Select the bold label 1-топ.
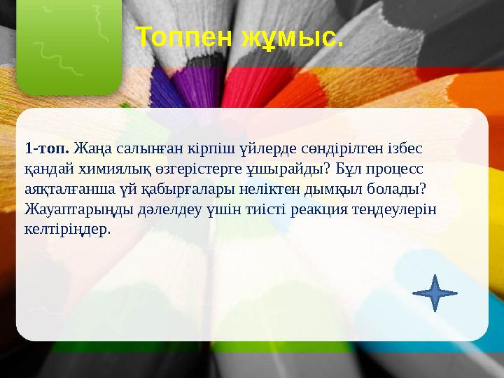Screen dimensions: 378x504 pos(47,149)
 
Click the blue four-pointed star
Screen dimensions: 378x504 pos(435,293)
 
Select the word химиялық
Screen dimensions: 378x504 pos(98,169)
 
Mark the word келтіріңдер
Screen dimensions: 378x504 pos(67,229)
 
